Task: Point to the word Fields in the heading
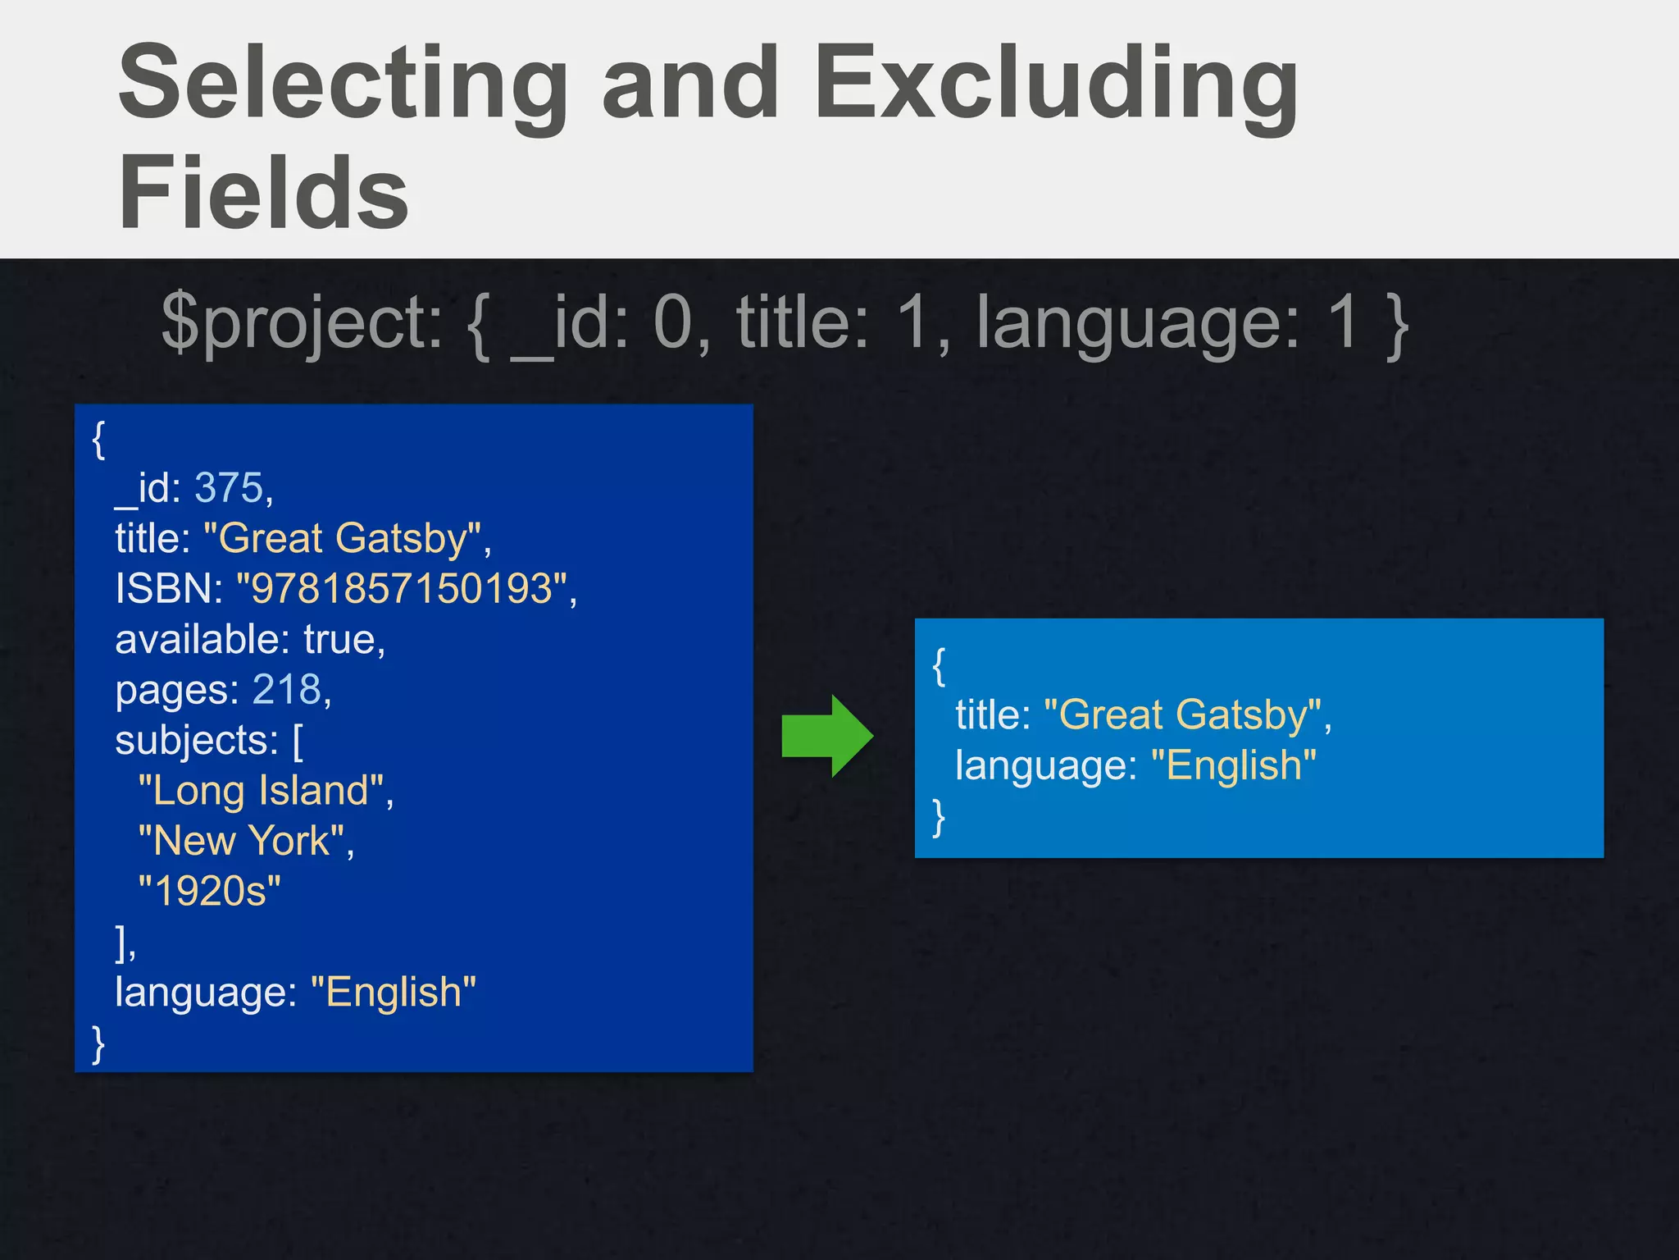coord(263,194)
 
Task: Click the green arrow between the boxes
coord(827,736)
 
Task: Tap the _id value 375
coord(229,488)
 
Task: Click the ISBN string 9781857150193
coord(402,588)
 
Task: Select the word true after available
coord(339,639)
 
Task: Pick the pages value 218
coord(287,689)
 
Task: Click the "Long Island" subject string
coord(262,791)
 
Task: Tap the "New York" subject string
coord(242,841)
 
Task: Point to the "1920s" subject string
coord(209,891)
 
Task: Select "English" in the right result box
coord(1234,765)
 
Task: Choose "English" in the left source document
coord(394,992)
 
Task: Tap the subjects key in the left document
coord(196,740)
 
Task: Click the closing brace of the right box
coord(940,817)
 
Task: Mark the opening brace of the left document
coord(99,440)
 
